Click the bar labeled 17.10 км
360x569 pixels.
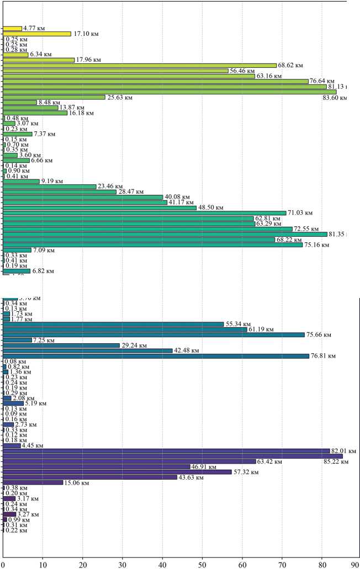point(37,34)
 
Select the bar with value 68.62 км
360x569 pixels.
point(139,65)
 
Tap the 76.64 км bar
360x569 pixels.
point(155,81)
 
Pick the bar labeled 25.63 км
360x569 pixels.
point(54,97)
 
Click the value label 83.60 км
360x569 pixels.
point(335,98)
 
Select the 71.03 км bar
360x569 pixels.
point(145,213)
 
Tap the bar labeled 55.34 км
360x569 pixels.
point(113,325)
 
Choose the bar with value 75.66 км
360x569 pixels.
point(153,335)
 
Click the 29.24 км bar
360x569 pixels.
point(61,345)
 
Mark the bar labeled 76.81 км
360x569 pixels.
point(156,356)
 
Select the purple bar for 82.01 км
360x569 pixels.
point(166,451)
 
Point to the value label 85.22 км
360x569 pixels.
point(336,462)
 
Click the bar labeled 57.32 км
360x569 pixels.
point(117,472)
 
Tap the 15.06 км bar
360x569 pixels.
point(33,482)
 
